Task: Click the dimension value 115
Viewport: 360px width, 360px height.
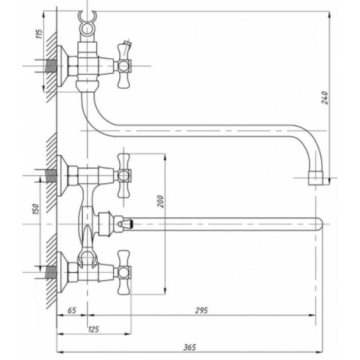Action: [x=40, y=34]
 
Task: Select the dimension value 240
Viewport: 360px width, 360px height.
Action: [x=324, y=98]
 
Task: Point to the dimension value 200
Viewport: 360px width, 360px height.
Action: [x=161, y=201]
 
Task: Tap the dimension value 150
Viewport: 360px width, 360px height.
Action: [x=36, y=209]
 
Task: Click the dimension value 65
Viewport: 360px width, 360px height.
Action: [x=72, y=310]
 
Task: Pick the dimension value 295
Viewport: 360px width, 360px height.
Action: [x=201, y=310]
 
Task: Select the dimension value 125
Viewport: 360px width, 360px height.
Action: [x=94, y=329]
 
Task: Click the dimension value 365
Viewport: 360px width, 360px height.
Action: [x=189, y=347]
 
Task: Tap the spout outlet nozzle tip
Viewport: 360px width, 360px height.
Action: [x=315, y=178]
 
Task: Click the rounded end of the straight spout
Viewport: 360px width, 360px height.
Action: [x=319, y=224]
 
